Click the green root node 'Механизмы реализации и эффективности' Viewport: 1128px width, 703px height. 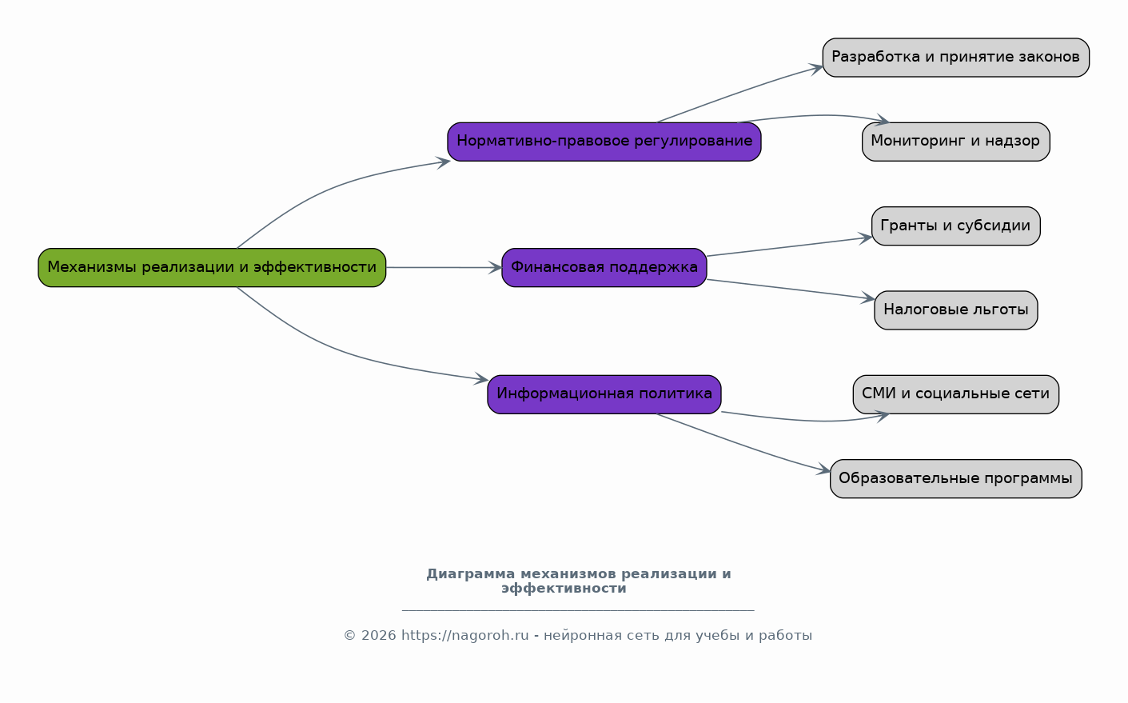tap(212, 268)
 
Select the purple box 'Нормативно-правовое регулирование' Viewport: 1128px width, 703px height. tap(604, 142)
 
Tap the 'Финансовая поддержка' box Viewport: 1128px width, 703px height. tap(604, 268)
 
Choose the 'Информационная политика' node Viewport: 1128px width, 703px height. tap(604, 394)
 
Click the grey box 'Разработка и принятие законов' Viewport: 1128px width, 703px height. tap(956, 58)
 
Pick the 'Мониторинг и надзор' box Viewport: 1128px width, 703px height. tap(956, 142)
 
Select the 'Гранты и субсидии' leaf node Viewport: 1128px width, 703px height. tap(956, 226)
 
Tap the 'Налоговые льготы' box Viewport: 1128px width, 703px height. tap(956, 310)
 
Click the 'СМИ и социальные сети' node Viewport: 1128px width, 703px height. tap(956, 394)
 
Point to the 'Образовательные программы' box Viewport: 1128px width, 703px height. tap(956, 479)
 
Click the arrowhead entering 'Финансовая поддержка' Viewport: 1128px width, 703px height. tap(495, 268)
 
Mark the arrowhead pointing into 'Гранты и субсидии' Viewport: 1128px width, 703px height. tap(865, 238)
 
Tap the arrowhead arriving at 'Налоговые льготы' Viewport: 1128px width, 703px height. tap(867, 298)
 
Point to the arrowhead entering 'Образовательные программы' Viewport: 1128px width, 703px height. tap(823, 469)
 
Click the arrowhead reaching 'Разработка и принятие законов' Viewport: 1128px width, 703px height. tap(816, 69)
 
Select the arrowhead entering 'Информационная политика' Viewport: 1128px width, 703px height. tap(481, 379)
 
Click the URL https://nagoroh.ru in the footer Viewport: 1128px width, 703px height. tap(464, 636)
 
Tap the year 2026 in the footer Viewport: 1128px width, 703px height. tap(378, 636)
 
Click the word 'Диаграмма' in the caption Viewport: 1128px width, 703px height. tap(470, 574)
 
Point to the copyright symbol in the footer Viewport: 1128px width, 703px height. tap(349, 636)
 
